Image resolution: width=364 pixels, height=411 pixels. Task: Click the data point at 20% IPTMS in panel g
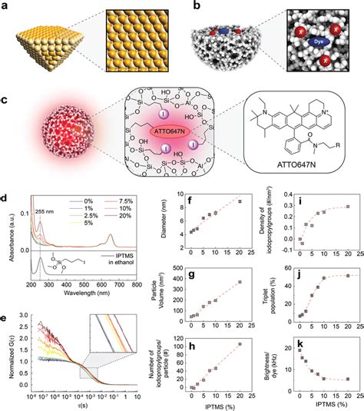tap(240, 282)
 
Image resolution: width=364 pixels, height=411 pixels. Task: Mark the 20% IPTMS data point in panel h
tap(240, 343)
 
